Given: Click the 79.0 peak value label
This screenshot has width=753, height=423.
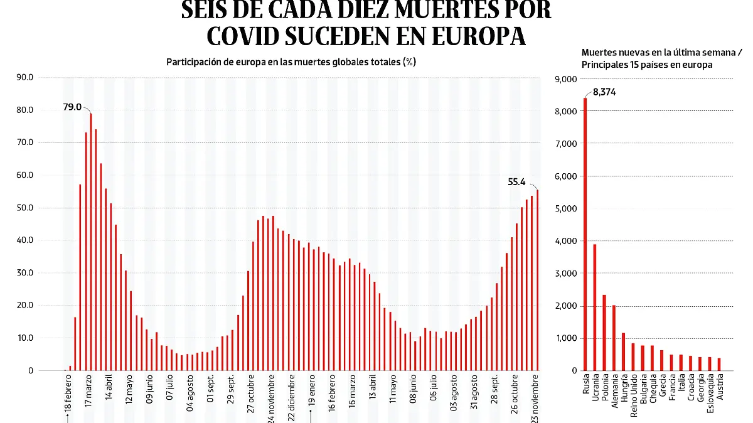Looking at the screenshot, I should pos(72,107).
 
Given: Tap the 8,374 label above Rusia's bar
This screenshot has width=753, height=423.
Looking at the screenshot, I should pos(605,93).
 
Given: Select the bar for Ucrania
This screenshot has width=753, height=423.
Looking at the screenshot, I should pos(595,307).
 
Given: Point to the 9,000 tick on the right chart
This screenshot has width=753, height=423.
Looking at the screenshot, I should pos(565,79).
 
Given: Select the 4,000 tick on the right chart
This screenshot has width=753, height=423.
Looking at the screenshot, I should pos(565,241).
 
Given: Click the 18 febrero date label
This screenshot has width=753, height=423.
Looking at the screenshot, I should pos(67,395).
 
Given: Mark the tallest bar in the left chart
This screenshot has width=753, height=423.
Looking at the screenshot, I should pos(91,242).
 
